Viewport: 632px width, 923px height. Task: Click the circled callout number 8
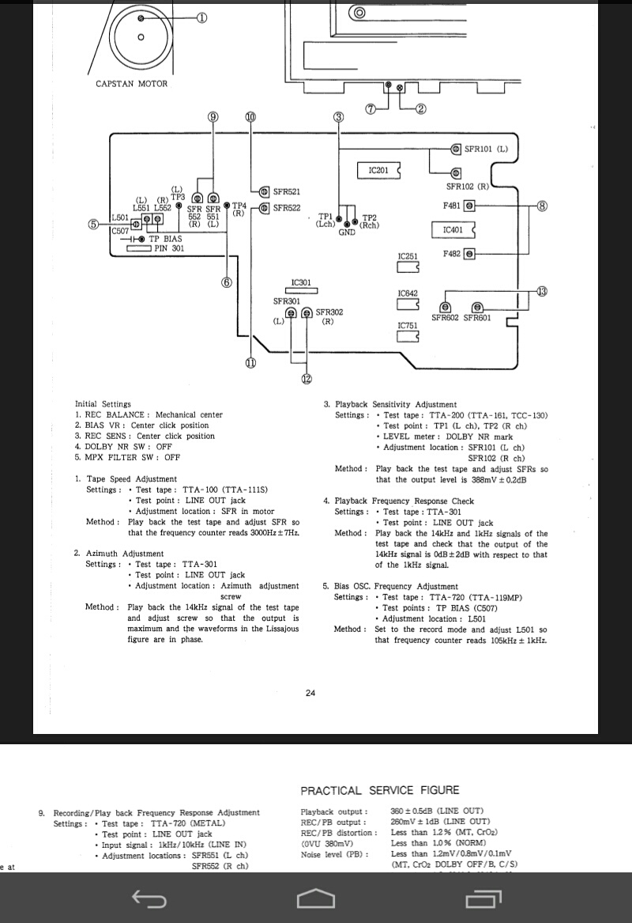click(542, 206)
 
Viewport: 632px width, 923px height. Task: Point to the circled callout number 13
click(541, 292)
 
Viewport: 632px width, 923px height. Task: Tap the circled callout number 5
click(95, 224)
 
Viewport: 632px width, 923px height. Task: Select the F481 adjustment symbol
click(469, 206)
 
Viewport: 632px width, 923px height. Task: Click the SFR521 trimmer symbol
click(264, 191)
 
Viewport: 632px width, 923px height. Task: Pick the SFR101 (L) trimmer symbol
click(456, 149)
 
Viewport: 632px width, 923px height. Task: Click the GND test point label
click(347, 233)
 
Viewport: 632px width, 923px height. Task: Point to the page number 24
click(310, 694)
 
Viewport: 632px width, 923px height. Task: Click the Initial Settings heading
click(103, 404)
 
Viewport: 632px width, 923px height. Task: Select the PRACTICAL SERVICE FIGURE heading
click(380, 790)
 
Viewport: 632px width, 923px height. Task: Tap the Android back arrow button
click(149, 898)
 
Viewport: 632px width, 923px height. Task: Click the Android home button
click(315, 898)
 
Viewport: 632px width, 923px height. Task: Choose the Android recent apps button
click(483, 898)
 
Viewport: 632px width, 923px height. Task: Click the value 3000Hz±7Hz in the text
click(273, 533)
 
